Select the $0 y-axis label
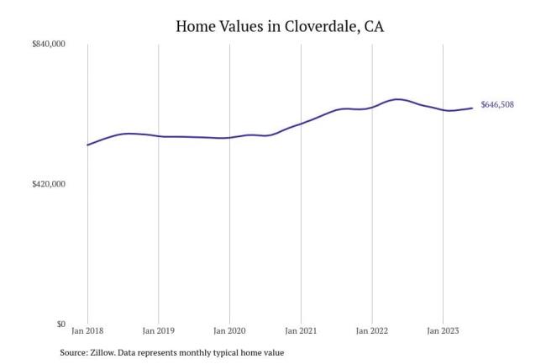(61, 324)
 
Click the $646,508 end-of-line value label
(497, 105)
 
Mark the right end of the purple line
(472, 108)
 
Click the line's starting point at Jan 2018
(87, 145)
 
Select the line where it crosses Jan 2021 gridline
(301, 123)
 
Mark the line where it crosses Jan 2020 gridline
(229, 137)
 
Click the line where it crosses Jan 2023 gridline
(443, 109)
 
